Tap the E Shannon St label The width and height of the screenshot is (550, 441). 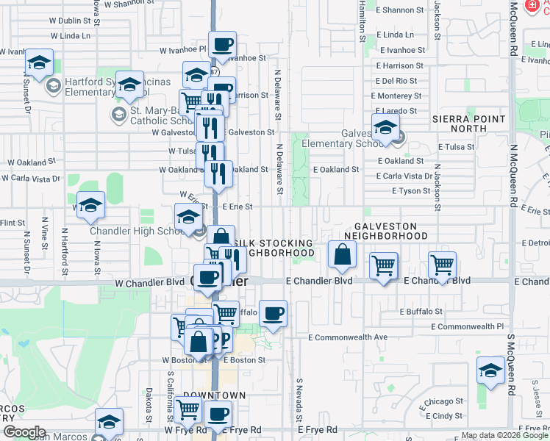coord(400,10)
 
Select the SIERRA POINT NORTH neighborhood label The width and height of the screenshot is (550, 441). coord(468,123)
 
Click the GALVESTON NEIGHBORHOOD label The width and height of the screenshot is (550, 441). coord(390,232)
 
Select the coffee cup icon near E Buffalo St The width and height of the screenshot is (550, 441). coord(273,313)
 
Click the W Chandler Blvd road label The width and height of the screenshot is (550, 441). coord(149,282)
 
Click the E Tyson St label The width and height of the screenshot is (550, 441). coord(403,191)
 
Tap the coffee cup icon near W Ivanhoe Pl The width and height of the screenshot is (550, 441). coord(222,44)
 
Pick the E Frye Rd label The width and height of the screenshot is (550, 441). coord(317,429)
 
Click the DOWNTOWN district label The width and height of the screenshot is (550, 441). coord(214,395)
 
